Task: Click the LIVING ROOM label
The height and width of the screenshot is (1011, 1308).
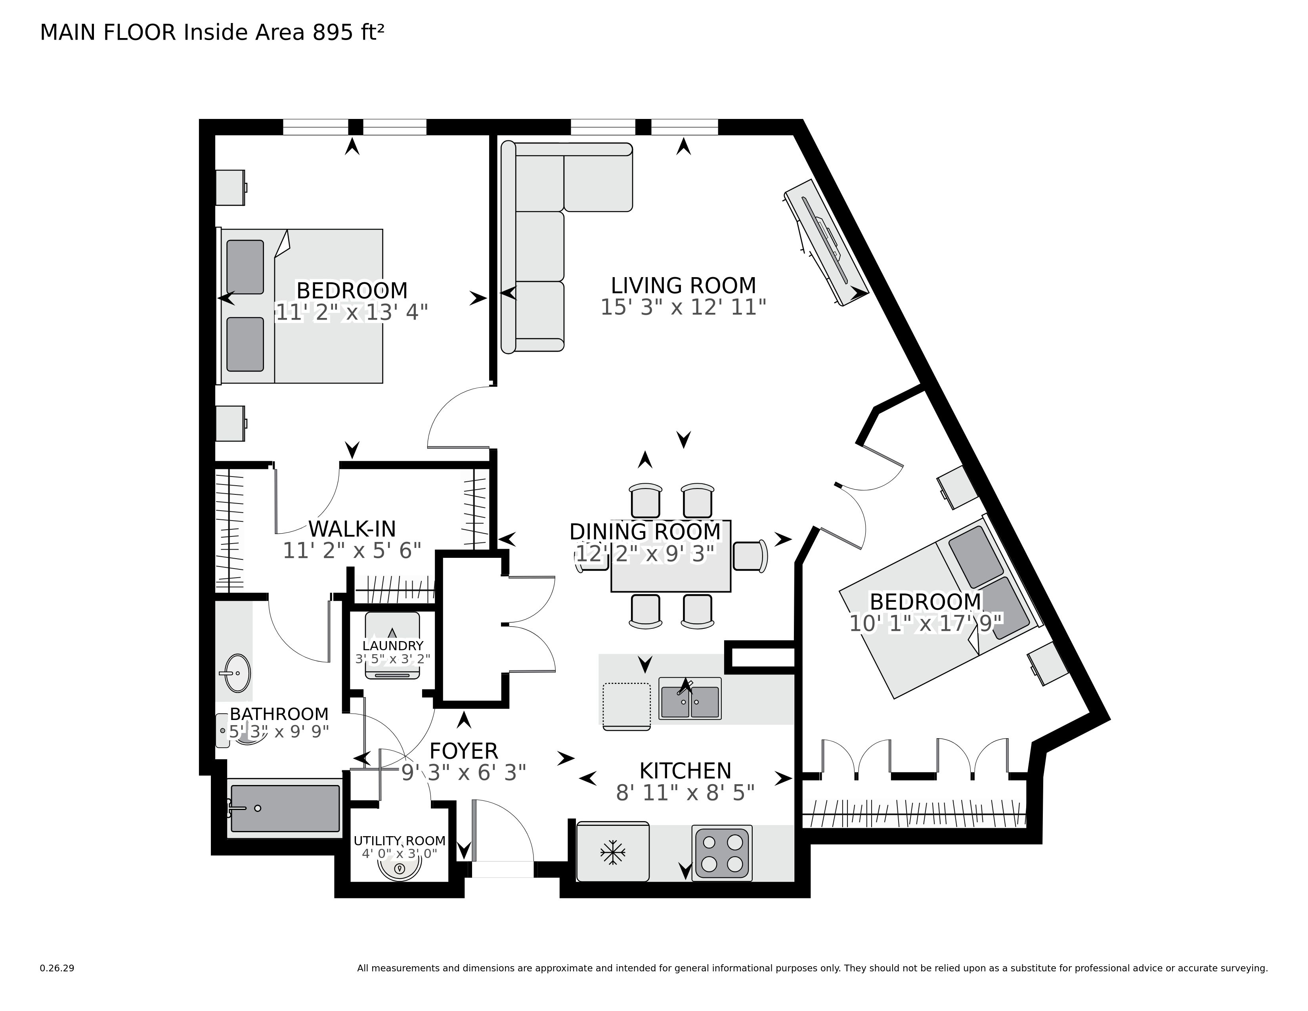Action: [683, 285]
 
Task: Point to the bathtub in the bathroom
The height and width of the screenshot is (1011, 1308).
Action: [285, 808]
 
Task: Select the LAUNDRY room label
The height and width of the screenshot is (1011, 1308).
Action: [393, 645]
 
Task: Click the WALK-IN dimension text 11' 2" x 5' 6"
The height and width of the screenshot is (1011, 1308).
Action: [352, 550]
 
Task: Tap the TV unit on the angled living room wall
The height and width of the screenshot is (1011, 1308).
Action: [825, 243]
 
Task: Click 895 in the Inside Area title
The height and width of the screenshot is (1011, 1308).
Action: [332, 33]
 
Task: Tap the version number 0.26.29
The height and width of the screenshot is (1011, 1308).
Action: [57, 968]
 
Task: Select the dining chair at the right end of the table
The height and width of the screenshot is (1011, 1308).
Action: [750, 556]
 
